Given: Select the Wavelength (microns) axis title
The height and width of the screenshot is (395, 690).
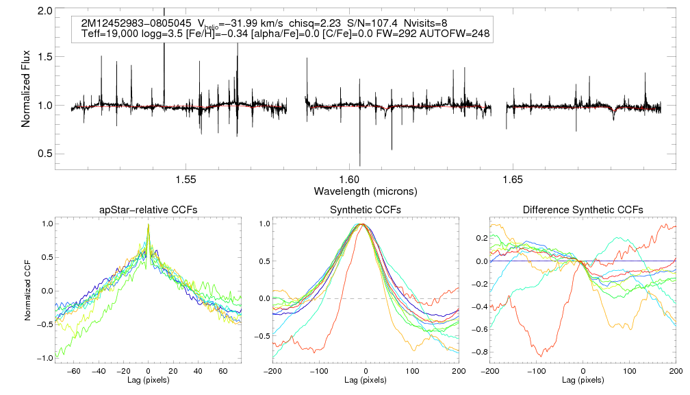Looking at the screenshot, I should [366, 190].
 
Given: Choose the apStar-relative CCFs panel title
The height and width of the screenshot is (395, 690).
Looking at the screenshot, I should [149, 210].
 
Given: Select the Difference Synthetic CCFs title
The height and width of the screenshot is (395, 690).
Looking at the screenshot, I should [583, 210].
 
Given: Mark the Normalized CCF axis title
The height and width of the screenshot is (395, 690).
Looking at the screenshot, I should [27, 291].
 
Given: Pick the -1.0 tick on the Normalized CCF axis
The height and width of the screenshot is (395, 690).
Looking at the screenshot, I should [47, 358].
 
